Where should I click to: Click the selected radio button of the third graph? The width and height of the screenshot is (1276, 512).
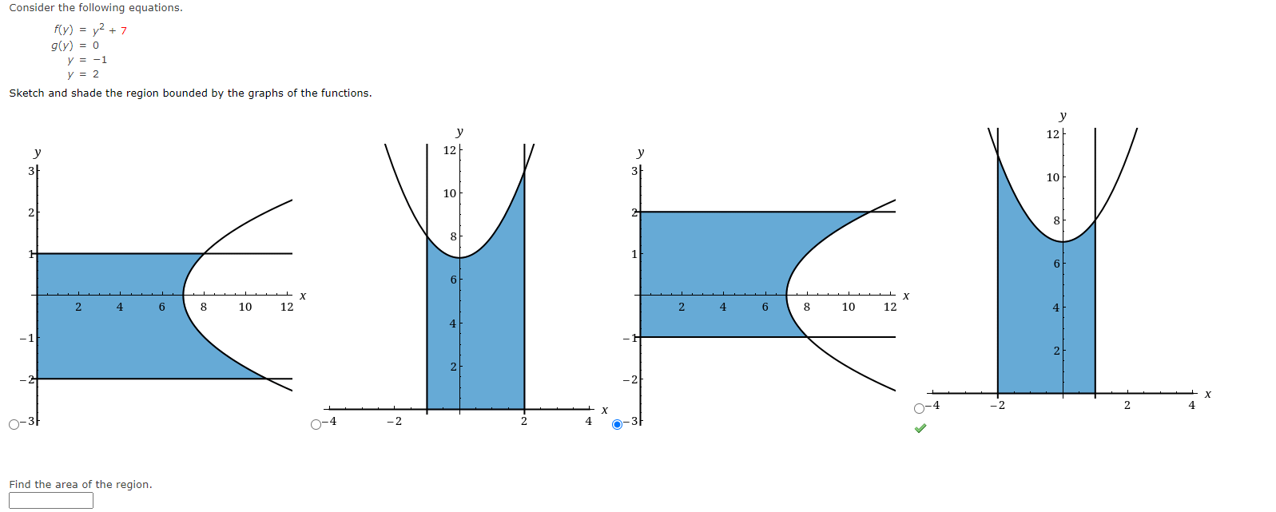[x=617, y=424]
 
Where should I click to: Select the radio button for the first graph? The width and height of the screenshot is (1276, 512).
[x=14, y=424]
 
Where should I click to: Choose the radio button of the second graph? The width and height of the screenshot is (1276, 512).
[x=316, y=424]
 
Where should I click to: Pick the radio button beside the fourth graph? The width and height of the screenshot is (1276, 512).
[x=920, y=408]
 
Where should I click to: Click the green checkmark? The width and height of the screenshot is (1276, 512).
[x=920, y=429]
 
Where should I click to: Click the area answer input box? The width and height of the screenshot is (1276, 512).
[x=51, y=500]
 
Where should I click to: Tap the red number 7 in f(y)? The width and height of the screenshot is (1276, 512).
[x=124, y=31]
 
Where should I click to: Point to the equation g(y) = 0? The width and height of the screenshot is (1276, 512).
[x=75, y=46]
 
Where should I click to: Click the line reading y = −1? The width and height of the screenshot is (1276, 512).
[x=87, y=60]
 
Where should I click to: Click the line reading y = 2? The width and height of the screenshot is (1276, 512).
[x=83, y=74]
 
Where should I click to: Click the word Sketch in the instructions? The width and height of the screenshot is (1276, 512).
[x=26, y=93]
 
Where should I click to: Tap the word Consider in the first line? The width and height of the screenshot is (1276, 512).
[x=32, y=8]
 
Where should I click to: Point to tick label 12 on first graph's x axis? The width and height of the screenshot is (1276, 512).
[x=287, y=307]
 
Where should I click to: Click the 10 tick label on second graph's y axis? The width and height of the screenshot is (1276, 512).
[x=450, y=193]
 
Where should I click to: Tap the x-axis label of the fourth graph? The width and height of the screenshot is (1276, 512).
[x=1207, y=394]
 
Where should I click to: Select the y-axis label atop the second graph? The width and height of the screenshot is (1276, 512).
[x=459, y=132]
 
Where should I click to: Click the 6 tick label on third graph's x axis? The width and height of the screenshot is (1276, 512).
[x=765, y=307]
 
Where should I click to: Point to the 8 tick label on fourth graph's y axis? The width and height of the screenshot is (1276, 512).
[x=1056, y=220]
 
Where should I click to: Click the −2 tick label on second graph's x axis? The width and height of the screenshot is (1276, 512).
[x=394, y=422]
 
